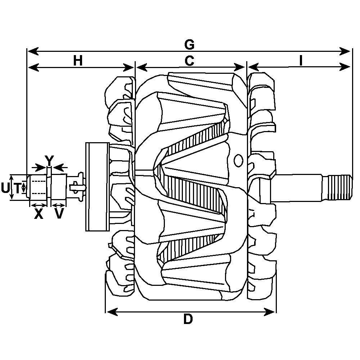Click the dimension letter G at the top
pos(189,45)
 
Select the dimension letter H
pos(78,61)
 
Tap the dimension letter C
pos(189,61)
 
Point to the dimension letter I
pos(301,61)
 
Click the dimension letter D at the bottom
pos(188,319)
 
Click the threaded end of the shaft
pos(339,187)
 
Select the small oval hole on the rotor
pos(238,161)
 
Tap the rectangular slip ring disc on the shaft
pos(97,186)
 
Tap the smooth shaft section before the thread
pos(299,187)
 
